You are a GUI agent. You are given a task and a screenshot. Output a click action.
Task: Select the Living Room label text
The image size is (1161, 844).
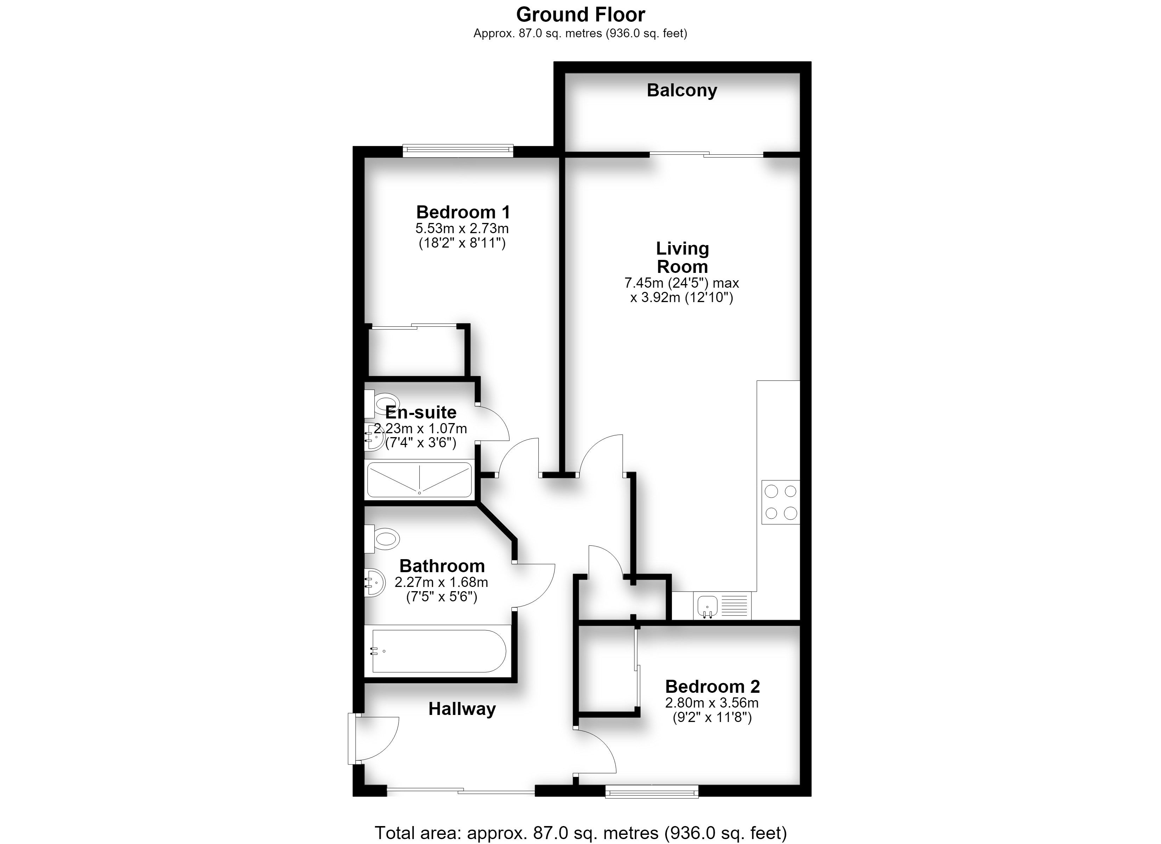coord(683,257)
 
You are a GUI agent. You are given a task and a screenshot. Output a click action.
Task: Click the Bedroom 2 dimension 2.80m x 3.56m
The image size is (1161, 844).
coord(711,703)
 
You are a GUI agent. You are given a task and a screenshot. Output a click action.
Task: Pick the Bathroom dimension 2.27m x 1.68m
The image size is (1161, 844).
coord(441,582)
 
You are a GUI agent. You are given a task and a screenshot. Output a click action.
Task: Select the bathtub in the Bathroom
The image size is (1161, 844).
coord(438,651)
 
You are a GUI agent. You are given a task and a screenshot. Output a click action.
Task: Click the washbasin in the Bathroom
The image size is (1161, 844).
coord(375,582)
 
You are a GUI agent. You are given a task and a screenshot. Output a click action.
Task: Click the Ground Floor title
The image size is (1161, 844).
coord(580,14)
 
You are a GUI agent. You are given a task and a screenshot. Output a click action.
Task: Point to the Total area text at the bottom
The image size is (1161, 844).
coord(580,833)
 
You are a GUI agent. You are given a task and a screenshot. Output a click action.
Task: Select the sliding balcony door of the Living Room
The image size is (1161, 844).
coord(706,154)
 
